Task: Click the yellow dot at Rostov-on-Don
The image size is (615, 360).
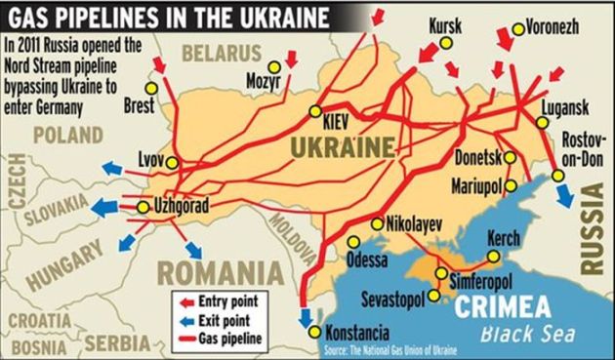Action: (557, 177)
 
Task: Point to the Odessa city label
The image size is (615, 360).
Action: (367, 260)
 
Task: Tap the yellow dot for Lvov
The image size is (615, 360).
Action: (173, 162)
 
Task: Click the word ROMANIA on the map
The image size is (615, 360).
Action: (214, 270)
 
